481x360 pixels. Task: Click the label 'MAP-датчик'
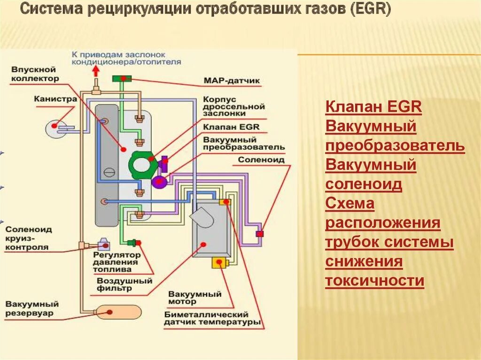click(232, 81)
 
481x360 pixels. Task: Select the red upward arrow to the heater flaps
click(96, 71)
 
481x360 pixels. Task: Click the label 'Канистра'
click(55, 99)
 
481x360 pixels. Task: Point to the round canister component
click(55, 127)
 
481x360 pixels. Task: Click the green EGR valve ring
click(141, 165)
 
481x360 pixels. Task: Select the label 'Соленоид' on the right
click(261, 160)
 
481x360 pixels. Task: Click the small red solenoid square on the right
click(259, 233)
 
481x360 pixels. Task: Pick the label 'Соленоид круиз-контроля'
click(29, 238)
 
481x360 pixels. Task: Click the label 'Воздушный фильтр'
click(124, 285)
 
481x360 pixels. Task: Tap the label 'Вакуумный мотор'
click(194, 298)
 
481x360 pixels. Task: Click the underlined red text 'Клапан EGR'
click(373, 107)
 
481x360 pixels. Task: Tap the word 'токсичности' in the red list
click(374, 281)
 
